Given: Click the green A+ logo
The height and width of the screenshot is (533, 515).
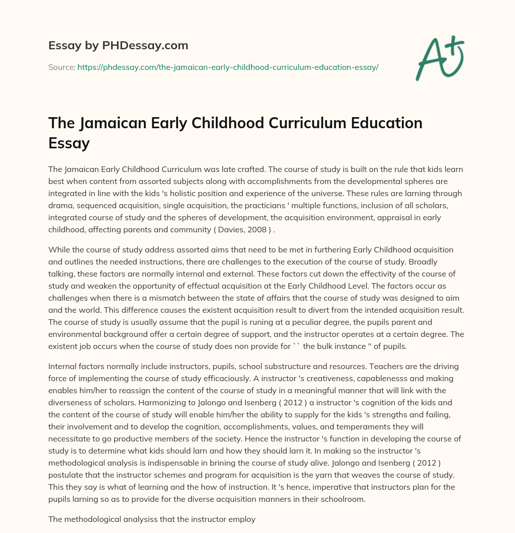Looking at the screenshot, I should pyautogui.click(x=440, y=58).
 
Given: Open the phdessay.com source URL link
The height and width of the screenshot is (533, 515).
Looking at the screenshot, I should pyautogui.click(x=228, y=67).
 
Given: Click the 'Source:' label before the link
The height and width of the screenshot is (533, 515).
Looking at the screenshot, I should pyautogui.click(x=61, y=67).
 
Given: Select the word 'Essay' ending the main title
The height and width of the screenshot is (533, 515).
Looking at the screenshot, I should pyautogui.click(x=69, y=144).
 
